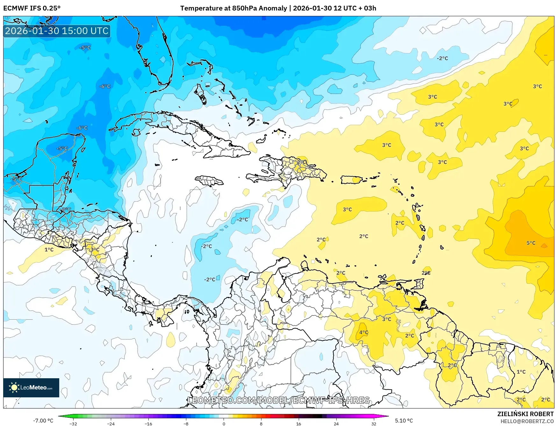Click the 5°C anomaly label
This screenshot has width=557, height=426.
click(x=531, y=243)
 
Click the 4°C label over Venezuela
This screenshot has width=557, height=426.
click(x=364, y=332)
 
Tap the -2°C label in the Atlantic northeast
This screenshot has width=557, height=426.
click(x=442, y=58)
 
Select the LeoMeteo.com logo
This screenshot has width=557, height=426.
click(x=31, y=387)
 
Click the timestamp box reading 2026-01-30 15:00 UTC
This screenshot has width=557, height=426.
click(x=57, y=31)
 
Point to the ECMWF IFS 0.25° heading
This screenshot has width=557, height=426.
click(x=32, y=8)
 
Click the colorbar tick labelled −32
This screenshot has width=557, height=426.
click(x=73, y=423)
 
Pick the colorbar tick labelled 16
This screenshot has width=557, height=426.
click(x=298, y=423)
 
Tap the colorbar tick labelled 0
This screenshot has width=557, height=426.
click(x=224, y=423)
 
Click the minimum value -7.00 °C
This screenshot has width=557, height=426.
click(x=43, y=421)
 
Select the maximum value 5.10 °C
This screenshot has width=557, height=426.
click(x=404, y=421)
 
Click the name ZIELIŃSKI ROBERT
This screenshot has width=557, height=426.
click(x=525, y=414)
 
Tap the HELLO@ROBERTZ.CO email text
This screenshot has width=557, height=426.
click(x=527, y=421)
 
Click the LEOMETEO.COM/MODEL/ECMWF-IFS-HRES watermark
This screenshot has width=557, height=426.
click(x=279, y=400)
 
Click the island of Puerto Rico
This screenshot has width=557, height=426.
click(x=352, y=180)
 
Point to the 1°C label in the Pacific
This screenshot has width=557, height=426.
click(x=49, y=250)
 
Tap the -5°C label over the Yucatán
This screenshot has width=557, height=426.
click(x=62, y=149)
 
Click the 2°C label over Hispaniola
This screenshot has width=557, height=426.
click(x=301, y=162)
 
